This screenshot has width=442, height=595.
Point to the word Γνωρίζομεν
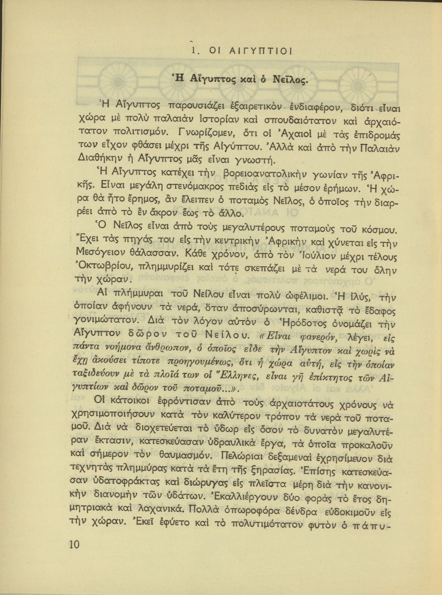coord(209,132)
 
